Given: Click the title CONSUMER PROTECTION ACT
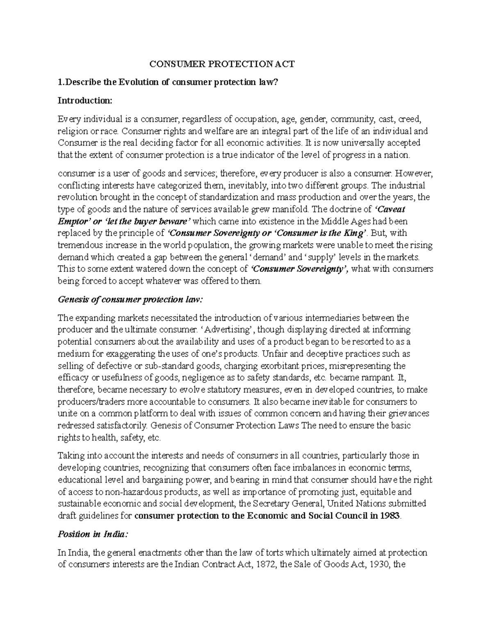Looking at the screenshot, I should pos(221,64).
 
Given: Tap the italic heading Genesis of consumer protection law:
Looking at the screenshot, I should pos(130,299).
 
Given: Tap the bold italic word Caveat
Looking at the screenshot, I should pos(391,209).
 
